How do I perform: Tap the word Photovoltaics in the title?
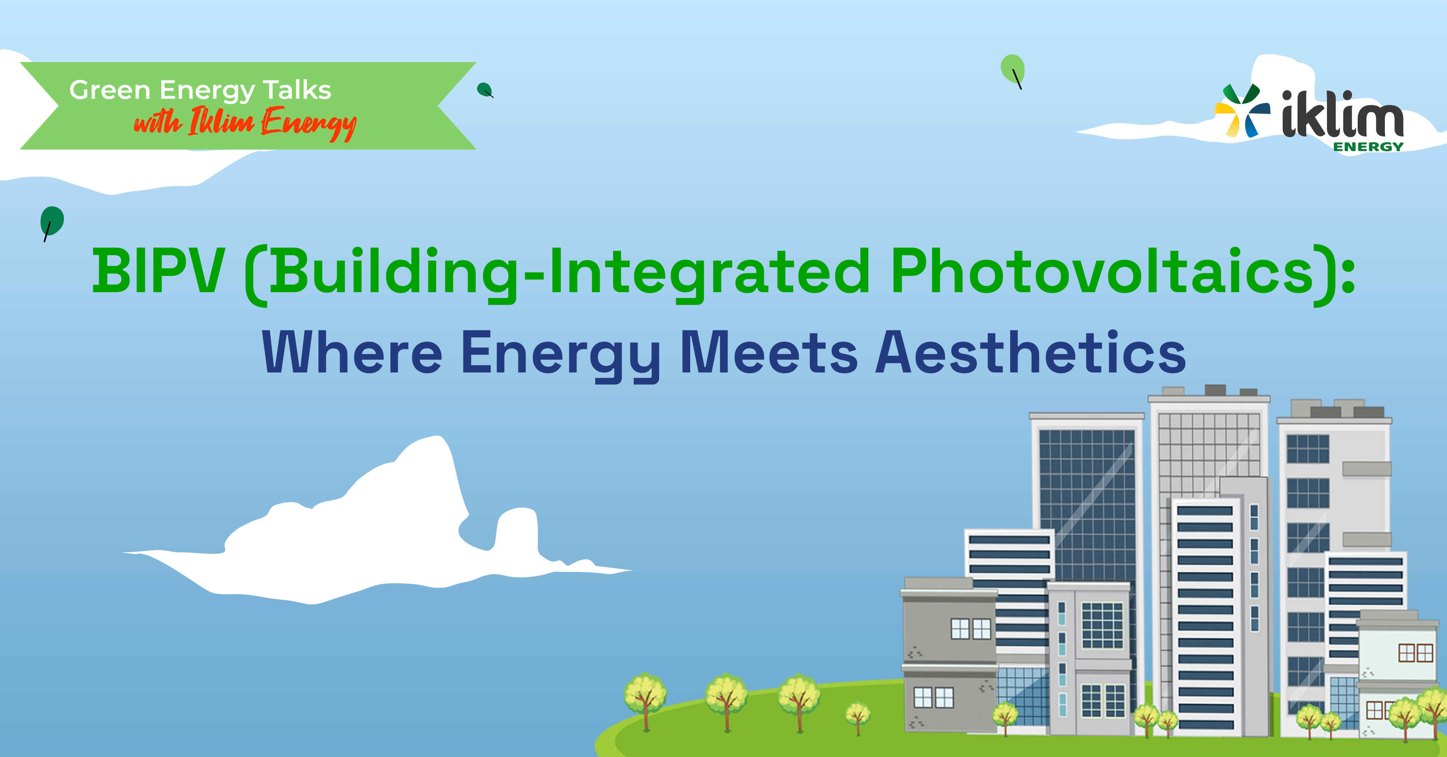click(1102, 272)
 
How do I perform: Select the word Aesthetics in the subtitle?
click(1031, 352)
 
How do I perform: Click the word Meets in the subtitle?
click(769, 352)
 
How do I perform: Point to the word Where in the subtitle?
click(352, 352)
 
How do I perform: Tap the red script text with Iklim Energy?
click(245, 123)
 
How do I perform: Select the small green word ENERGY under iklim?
click(1368, 146)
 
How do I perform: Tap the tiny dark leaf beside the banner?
click(485, 90)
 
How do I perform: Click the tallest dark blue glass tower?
click(1087, 505)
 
